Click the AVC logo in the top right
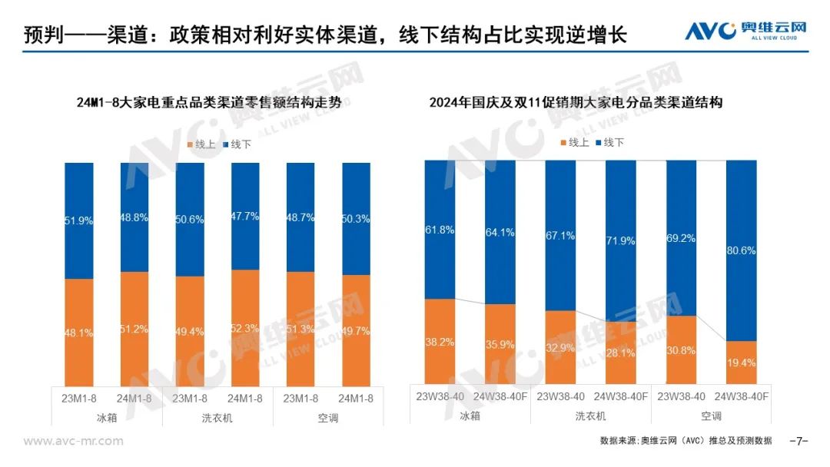point(745,30)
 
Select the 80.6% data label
point(741,250)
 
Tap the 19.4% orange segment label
point(741,363)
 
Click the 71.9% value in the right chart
point(620,241)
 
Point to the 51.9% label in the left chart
point(79,220)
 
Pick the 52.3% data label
point(245,329)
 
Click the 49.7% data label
point(356,331)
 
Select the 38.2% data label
point(440,342)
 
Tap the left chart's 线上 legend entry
point(201,144)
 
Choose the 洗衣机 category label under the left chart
point(217,418)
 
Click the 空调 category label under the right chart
point(711,416)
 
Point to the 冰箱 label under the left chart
point(106,418)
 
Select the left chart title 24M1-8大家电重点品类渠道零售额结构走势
point(209,102)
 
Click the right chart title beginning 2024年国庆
point(576,102)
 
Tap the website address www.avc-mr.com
point(73,441)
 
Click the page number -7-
point(798,441)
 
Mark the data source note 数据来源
point(686,441)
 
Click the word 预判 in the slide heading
point(44,35)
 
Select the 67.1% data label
point(560,236)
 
